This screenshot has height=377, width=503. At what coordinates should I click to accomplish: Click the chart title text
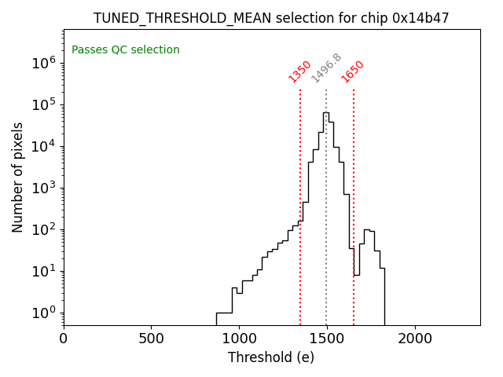point(271,18)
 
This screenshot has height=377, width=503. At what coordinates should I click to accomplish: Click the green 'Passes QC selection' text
point(126,50)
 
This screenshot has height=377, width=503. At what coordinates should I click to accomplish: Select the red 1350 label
point(300,71)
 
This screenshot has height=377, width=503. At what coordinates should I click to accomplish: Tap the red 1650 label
point(353,71)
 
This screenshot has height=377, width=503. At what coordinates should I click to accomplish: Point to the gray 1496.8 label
point(326,68)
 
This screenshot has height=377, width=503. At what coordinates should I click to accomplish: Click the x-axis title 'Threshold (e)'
point(271,357)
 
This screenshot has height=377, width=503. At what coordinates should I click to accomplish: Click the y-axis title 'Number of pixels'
point(18,177)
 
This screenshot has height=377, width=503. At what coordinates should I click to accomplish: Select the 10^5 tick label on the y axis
point(44,105)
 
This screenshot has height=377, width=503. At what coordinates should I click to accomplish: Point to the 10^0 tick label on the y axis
point(44,313)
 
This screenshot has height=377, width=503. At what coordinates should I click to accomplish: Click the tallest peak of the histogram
point(325,113)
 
